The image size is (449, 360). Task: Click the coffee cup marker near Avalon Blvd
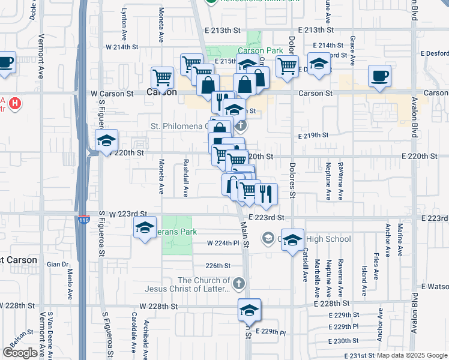[x=379, y=76]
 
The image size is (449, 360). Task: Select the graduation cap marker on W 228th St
[x=249, y=310]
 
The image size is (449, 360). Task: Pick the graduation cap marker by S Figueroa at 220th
[x=106, y=141]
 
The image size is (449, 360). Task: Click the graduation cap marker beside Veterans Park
[x=145, y=228]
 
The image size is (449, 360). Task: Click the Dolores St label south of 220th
[x=292, y=182]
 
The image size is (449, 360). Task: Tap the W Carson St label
[x=112, y=94]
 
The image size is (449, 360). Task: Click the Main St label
[x=244, y=230]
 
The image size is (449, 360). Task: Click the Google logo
[x=20, y=353]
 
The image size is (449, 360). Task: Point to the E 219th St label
[x=313, y=136]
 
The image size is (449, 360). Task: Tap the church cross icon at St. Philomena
[x=241, y=126]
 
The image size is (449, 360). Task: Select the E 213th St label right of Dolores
[x=323, y=29]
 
